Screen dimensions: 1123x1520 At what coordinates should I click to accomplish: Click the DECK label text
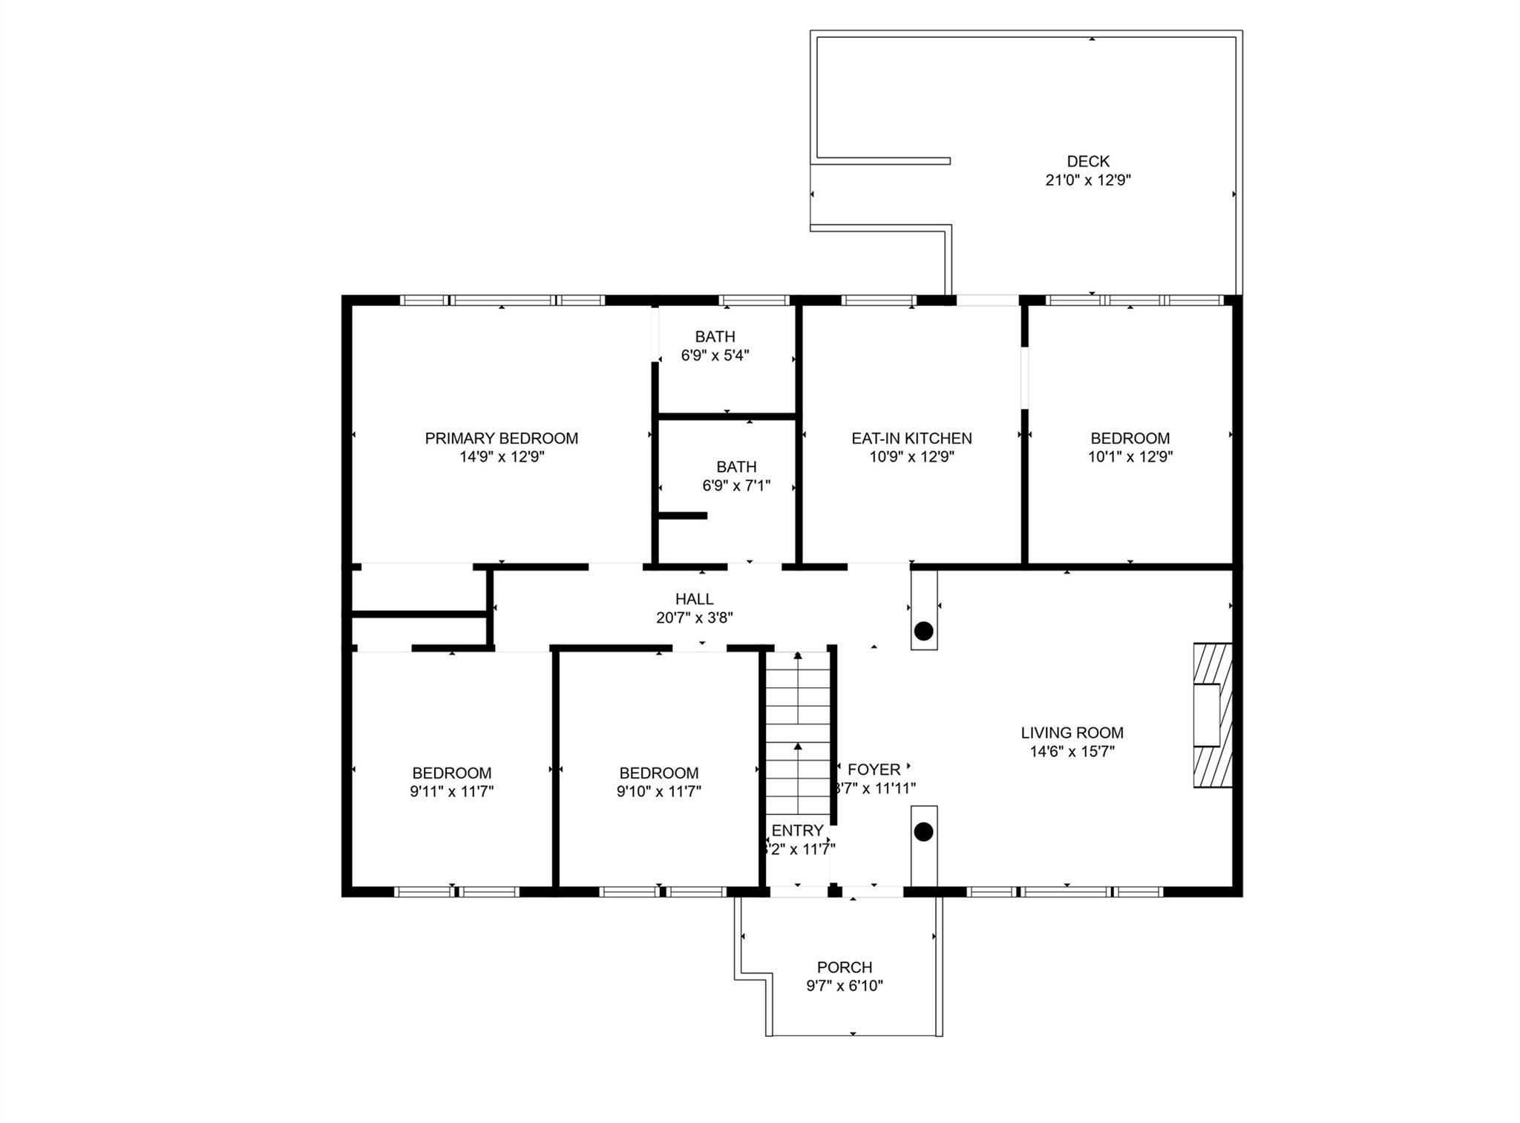coord(1088,161)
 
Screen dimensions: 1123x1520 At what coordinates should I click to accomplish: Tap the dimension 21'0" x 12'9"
coord(1088,180)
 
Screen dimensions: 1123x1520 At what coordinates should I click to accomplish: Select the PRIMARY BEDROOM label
coord(501,438)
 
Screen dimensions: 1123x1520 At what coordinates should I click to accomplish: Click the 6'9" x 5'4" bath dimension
coord(715,356)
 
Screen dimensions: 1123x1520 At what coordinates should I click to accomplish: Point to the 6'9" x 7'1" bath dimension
coord(736,486)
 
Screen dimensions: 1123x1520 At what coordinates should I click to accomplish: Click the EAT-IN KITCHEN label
coord(911,438)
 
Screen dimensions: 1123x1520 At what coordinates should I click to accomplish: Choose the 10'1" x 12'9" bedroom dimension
coord(1130,457)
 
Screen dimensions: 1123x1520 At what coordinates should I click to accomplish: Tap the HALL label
coord(694,599)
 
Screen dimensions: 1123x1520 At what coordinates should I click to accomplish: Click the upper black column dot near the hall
coord(923,632)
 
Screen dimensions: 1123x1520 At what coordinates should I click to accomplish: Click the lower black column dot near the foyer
coord(923,832)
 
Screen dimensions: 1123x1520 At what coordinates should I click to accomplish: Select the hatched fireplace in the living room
coord(1211,715)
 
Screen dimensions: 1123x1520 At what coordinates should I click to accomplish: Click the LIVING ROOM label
coord(1072,733)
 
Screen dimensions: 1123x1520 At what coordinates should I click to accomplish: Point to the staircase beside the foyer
coord(798,731)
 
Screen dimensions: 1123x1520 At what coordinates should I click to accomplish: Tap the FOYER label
coord(874,770)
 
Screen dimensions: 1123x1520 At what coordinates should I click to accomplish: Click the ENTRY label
coord(797,831)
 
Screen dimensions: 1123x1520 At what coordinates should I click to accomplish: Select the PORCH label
coord(844,967)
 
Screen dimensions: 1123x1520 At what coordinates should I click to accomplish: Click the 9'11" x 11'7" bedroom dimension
coord(451,792)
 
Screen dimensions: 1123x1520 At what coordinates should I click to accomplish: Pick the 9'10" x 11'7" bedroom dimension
coord(658,792)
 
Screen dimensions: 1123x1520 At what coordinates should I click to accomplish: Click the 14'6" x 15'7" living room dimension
coord(1072,751)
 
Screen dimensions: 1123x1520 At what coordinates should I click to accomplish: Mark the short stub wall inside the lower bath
coord(683,515)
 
